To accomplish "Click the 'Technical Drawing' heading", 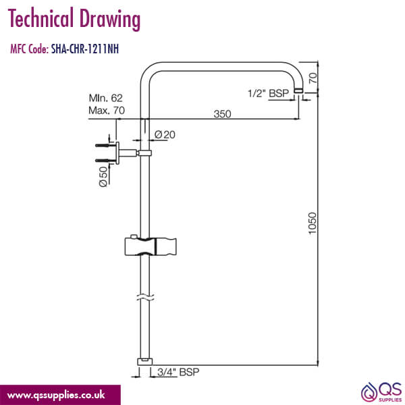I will [x=74, y=20].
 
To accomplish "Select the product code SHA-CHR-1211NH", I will [x=86, y=49].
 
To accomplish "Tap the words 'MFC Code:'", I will [x=28, y=49].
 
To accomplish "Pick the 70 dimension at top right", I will [x=313, y=78].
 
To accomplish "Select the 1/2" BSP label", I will [x=269, y=94].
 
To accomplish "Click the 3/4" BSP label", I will [x=178, y=372].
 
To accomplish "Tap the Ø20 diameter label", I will [x=165, y=135].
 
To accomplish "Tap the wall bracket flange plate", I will [x=117, y=153].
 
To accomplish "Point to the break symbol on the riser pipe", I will [x=143, y=298].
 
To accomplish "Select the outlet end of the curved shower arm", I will [x=298, y=97].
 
